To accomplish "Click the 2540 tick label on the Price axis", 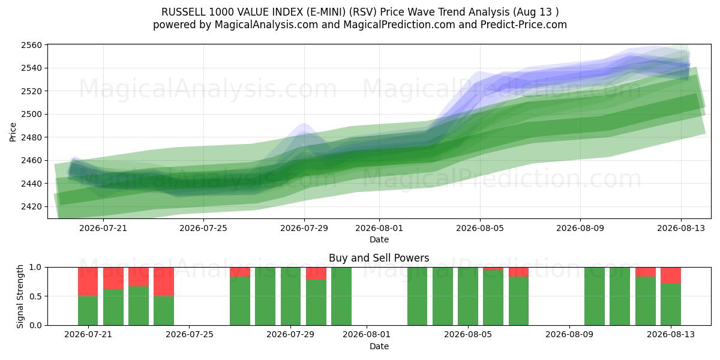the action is (x=31, y=68).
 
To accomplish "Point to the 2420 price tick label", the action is (x=31, y=206).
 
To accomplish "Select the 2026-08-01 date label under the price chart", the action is (x=379, y=228).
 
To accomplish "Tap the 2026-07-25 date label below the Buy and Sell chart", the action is (x=190, y=335).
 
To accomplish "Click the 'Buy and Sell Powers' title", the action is (x=379, y=258).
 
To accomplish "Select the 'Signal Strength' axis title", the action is (x=20, y=296).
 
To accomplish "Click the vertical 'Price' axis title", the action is (x=13, y=132).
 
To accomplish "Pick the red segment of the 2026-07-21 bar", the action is (x=88, y=281).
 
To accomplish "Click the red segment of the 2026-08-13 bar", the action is (x=671, y=275).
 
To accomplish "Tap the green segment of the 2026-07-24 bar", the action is (x=164, y=311).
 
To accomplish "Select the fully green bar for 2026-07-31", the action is (x=341, y=296).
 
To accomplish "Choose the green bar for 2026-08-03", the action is (x=417, y=296).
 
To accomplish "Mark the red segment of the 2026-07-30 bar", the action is (x=316, y=274).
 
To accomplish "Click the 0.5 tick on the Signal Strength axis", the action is (x=35, y=296).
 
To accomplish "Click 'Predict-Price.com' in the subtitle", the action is (x=524, y=25).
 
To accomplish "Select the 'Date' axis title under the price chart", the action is (x=379, y=239).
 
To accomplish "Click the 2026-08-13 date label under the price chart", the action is (x=681, y=228).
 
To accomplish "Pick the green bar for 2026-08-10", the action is (x=595, y=296).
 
